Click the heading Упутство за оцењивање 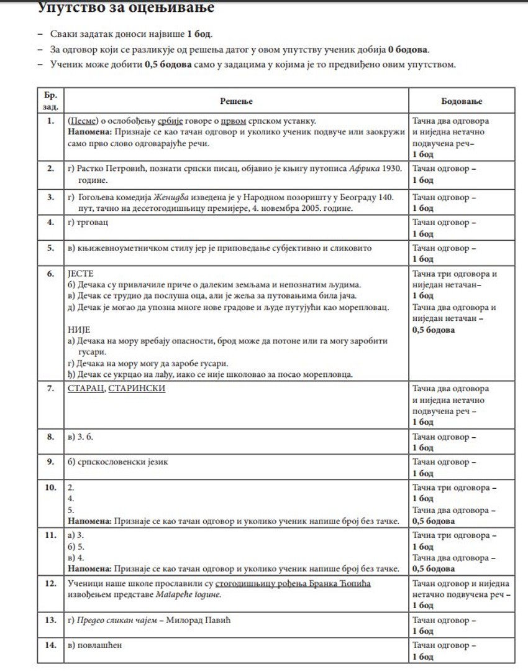pyautogui.click(x=126, y=9)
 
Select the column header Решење pyautogui.click(x=236, y=101)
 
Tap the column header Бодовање pyautogui.click(x=462, y=101)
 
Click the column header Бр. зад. pyautogui.click(x=50, y=101)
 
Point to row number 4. pyautogui.click(x=50, y=222)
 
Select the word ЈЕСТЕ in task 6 pyautogui.click(x=80, y=274)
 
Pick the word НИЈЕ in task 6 pyautogui.click(x=78, y=330)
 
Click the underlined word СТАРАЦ pyautogui.click(x=84, y=389)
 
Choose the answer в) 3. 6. pyautogui.click(x=80, y=437)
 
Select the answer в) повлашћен pyautogui.click(x=94, y=645)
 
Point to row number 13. pyautogui.click(x=50, y=620)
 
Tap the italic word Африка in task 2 pyautogui.click(x=363, y=168)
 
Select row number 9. pyautogui.click(x=50, y=462)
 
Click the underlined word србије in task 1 pyautogui.click(x=168, y=121)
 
